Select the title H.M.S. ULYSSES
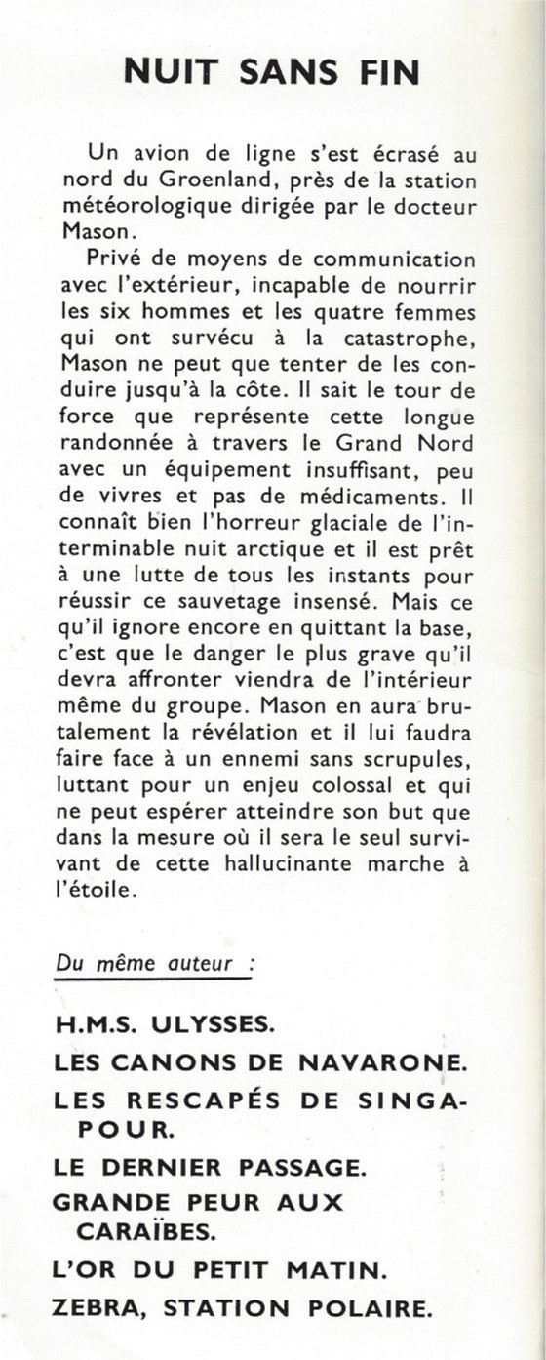[x=166, y=1024]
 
